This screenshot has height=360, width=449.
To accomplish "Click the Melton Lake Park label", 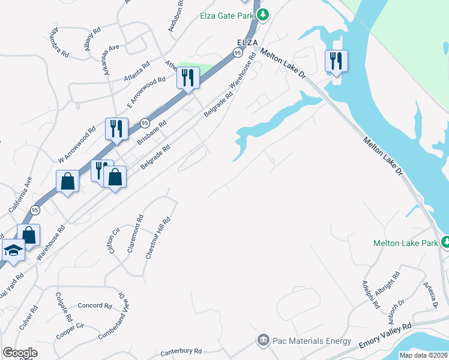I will click(405, 243).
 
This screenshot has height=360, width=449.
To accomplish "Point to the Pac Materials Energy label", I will click(312, 341).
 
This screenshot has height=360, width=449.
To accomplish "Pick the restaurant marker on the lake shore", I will click(335, 61).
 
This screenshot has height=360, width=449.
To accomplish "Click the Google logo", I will click(20, 352).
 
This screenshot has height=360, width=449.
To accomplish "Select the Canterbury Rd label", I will click(181, 352).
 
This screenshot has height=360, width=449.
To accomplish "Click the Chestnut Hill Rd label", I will click(158, 238).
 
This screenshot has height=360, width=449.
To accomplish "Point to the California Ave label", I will click(20, 195).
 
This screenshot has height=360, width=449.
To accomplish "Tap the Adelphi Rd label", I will click(371, 295).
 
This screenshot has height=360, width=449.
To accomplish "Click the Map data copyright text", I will click(423, 355).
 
